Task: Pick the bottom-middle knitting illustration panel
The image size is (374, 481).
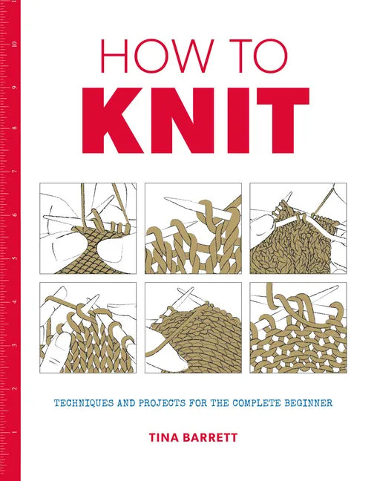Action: coord(193,324)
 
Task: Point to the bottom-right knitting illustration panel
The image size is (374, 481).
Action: coord(298,324)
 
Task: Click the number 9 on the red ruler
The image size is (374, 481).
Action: coord(13,88)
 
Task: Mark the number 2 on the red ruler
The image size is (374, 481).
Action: coord(13,388)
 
